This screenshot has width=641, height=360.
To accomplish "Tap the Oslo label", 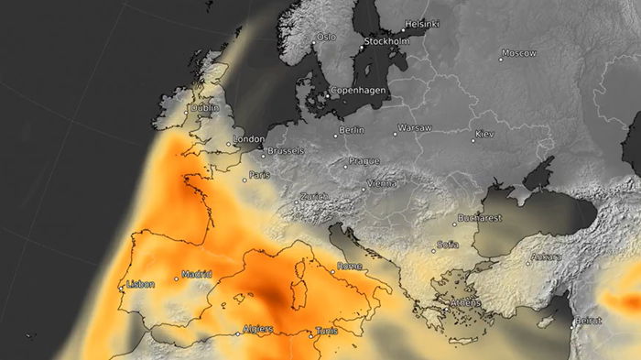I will coord(326,38).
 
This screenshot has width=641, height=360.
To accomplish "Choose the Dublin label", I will coord(204,108).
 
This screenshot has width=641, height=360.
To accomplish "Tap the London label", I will coord(249,139).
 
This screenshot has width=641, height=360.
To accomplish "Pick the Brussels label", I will coord(286,151).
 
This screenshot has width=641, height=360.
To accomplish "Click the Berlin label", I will coord(352,130).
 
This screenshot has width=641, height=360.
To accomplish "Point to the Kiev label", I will coord(484,135).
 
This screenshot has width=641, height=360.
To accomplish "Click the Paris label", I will coord(260,175).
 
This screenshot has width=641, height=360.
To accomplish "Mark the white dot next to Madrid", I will coord(177,278).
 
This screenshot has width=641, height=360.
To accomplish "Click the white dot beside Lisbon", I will coord(121,289).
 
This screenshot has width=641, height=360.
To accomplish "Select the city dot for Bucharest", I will coord(454,224).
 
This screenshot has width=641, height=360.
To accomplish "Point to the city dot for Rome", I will coord(332,270).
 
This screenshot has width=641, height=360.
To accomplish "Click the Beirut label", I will coord(590,322).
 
